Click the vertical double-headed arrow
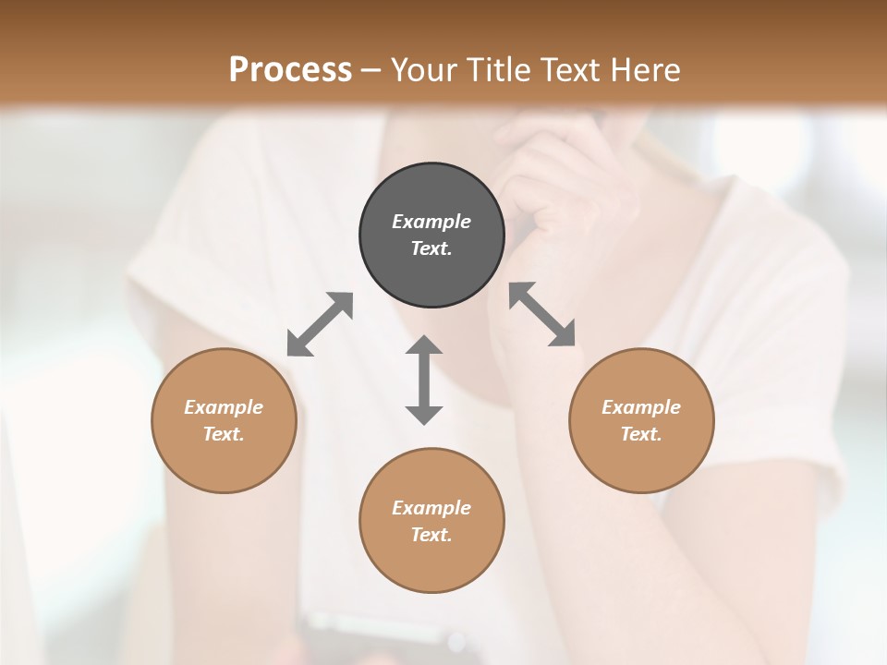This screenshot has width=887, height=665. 424,380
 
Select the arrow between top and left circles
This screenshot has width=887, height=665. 320,324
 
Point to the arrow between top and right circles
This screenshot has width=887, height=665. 542,314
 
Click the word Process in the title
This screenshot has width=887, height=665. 290,69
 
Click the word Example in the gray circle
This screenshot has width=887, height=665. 431,222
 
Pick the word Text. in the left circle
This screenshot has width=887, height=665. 224,434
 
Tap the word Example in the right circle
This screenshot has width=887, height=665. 641,407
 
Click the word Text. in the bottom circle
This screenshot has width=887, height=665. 431,535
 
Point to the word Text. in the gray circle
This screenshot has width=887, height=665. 431,248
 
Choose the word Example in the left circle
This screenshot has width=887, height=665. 224,407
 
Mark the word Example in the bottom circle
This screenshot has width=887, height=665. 431,508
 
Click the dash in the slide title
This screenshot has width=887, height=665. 371,70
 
